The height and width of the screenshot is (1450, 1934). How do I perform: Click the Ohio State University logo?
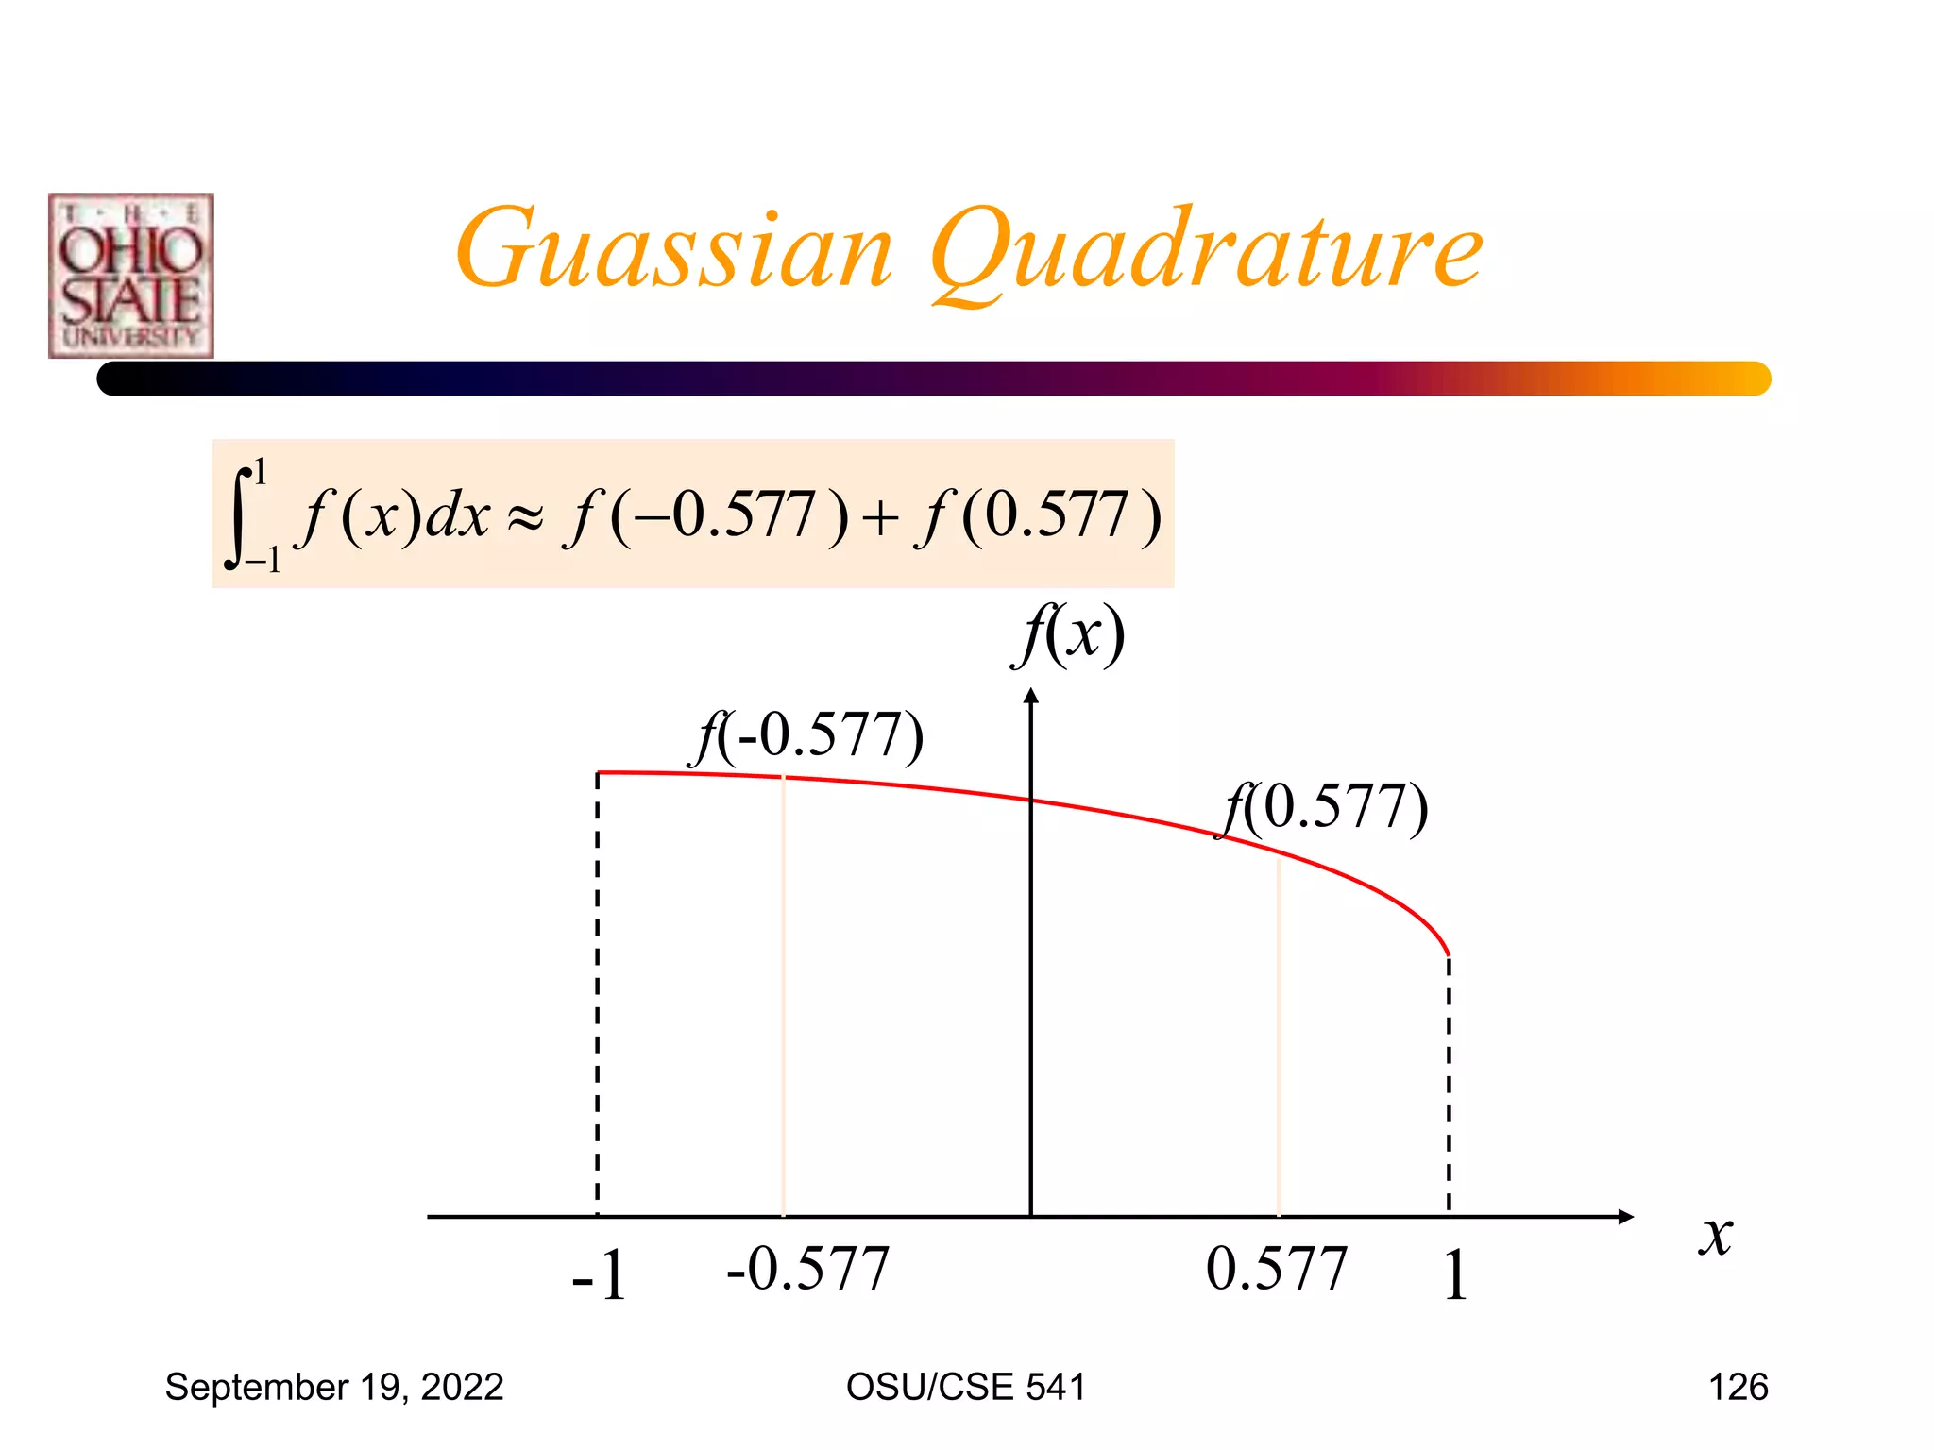coord(131,276)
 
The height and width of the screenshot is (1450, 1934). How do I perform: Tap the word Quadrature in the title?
coord(1206,253)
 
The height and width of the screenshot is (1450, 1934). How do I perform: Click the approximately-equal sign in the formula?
coord(526,518)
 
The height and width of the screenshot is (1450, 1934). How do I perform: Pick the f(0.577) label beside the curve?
coord(1324,808)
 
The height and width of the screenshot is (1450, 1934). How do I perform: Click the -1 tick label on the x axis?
coord(600,1276)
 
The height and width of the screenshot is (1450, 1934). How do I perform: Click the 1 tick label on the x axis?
coord(1455,1276)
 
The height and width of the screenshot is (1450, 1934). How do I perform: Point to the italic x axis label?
coord(1716,1236)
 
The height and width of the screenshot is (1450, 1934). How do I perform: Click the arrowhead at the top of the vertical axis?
coord(1031,696)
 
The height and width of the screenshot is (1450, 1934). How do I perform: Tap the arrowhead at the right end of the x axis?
coord(1625,1217)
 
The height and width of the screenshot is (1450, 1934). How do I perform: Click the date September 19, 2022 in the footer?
coord(334,1387)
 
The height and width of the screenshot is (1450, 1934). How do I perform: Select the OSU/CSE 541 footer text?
coord(966,1387)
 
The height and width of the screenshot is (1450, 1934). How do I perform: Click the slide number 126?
coord(1739,1387)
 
